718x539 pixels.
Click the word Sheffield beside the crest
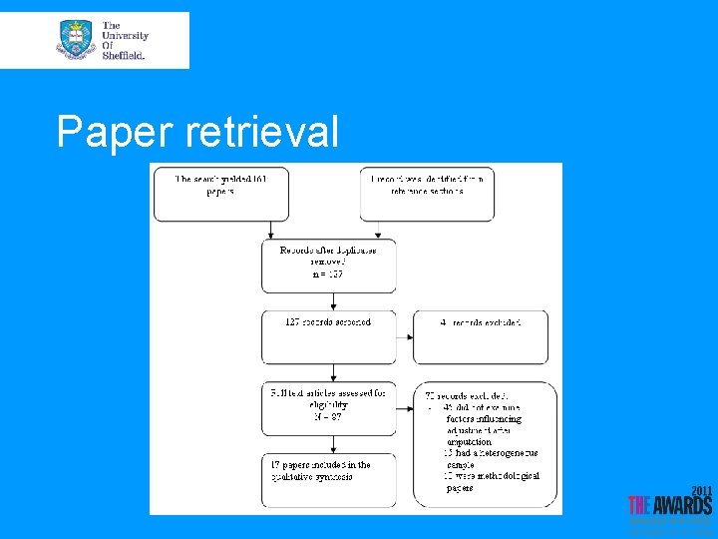124,56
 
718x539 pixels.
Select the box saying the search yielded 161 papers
220,194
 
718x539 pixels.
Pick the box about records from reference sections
427,194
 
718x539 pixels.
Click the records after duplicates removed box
328,265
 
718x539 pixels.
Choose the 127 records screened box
328,336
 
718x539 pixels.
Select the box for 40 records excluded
481,336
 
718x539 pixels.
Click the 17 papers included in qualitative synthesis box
328,479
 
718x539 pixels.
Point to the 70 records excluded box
481,443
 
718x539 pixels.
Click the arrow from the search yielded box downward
221,232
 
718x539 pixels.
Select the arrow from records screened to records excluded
404,337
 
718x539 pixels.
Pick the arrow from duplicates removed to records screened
328,301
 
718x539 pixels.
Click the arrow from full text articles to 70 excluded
404,408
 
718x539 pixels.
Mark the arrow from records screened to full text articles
328,372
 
